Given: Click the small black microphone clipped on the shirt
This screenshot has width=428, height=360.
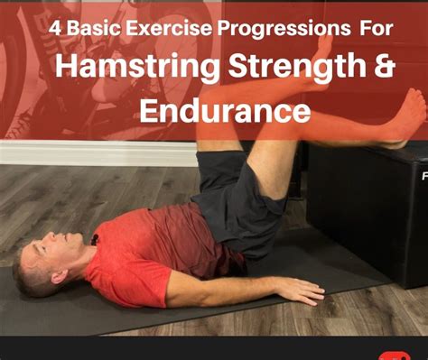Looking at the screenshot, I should (x=92, y=241).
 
